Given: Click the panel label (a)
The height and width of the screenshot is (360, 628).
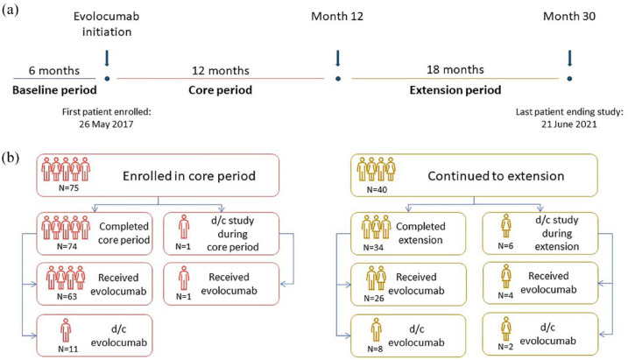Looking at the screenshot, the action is [x=11, y=10].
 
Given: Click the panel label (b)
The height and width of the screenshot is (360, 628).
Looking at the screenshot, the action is [x=11, y=158].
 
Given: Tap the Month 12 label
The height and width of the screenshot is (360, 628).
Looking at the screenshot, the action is [x=337, y=17].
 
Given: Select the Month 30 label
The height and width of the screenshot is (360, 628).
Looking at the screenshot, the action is [x=569, y=17].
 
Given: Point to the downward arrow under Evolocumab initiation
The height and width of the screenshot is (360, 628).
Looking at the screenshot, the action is [x=107, y=58].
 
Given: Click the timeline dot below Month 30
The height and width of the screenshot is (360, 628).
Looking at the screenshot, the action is [x=569, y=79].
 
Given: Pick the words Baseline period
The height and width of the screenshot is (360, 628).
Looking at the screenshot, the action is [x=54, y=90].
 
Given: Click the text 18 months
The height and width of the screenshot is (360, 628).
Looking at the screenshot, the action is [x=455, y=70].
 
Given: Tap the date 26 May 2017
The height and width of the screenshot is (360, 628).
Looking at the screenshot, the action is [x=106, y=124].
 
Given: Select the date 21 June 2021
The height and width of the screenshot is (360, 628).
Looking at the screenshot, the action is [x=569, y=124].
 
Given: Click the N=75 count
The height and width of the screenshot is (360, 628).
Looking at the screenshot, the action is [x=68, y=187].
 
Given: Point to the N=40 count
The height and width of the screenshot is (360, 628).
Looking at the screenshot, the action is [x=377, y=189].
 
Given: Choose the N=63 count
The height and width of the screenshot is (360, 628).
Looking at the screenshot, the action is [x=67, y=297].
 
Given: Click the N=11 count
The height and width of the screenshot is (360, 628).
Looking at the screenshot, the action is [x=67, y=349].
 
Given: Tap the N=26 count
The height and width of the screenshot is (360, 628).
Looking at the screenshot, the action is [x=374, y=299].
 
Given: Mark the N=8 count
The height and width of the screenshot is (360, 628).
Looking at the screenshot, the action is [x=375, y=349].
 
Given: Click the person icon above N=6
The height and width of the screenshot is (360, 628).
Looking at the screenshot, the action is [x=506, y=226].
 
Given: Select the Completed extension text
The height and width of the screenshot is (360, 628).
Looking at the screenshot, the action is [x=420, y=233].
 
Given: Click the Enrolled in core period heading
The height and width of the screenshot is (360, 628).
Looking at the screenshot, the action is [x=189, y=176].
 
